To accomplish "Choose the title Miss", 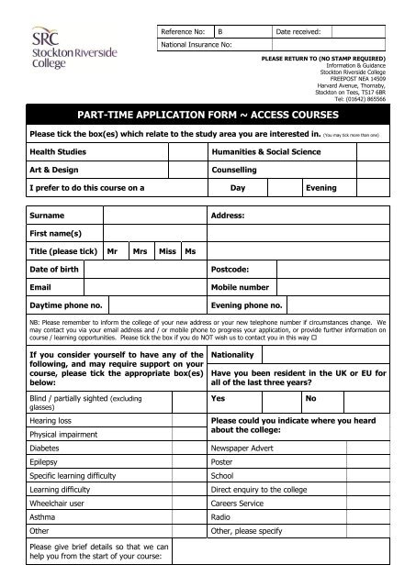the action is click(167, 250).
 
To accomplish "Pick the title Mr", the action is click(112, 250).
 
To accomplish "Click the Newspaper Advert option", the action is click(247, 449).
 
